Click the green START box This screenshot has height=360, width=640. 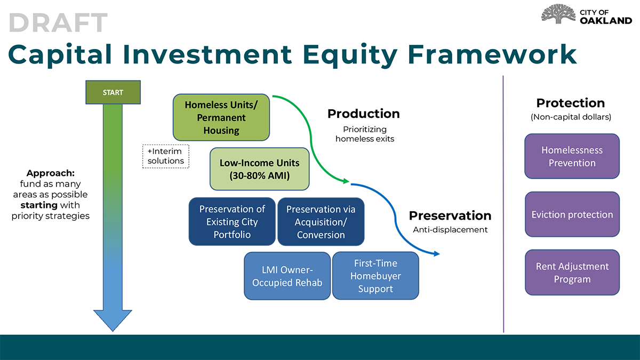(113, 92)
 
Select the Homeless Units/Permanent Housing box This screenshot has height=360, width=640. (221, 117)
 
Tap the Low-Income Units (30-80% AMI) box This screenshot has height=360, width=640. (260, 169)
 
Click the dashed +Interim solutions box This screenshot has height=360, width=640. (166, 156)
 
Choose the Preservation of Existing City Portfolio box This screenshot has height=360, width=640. (232, 222)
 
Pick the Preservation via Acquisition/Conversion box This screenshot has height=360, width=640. (321, 222)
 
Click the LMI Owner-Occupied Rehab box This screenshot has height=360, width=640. (287, 276)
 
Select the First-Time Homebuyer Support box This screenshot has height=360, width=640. (375, 276)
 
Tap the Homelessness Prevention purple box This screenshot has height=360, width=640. (572, 156)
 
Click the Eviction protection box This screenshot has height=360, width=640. (572, 214)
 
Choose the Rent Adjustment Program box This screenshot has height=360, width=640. (572, 273)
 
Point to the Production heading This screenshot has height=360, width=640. (363, 114)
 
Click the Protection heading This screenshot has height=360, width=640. (570, 103)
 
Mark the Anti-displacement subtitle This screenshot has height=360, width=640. (450, 230)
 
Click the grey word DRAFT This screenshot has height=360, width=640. (58, 22)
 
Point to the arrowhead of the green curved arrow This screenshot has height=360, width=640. (346, 182)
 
